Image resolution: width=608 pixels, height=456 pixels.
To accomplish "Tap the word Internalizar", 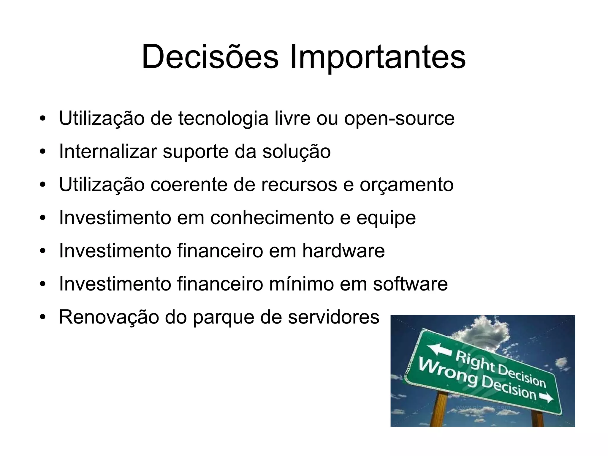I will coord(108,151).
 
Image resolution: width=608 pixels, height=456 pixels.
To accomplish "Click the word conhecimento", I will coord(273,218).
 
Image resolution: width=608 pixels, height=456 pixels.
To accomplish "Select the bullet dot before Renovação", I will coord(43,317).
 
